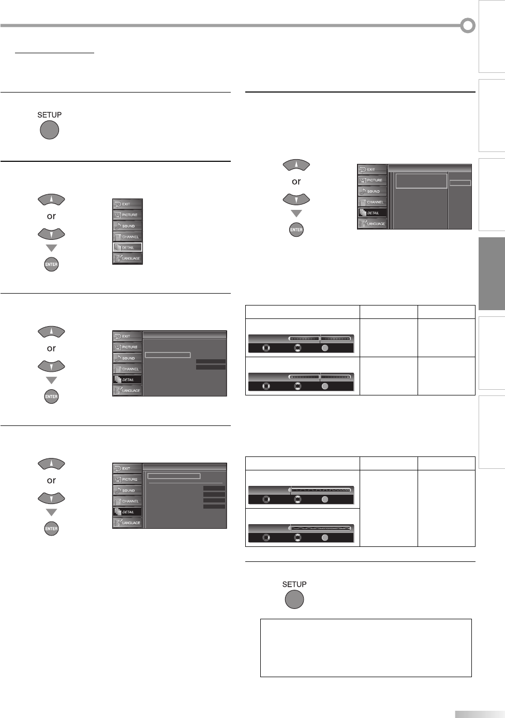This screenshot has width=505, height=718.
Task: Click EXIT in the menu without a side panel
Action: pos(127,204)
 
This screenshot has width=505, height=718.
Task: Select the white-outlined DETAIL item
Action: pos(127,248)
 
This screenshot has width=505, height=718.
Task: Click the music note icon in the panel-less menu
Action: pos(117,226)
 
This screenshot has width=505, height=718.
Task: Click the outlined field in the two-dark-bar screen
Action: pos(168,355)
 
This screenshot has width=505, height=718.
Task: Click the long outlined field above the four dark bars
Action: pos(173,476)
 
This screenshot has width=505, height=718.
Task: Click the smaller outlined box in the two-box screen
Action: pos(460,182)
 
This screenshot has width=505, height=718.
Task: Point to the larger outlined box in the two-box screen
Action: pos(421,181)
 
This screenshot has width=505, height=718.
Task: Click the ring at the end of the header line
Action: pos(468,25)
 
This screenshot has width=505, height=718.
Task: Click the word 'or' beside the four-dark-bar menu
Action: pos(51,480)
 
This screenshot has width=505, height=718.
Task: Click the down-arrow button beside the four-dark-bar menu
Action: pos(51,498)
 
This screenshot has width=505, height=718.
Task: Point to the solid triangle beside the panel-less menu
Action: pos(51,248)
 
